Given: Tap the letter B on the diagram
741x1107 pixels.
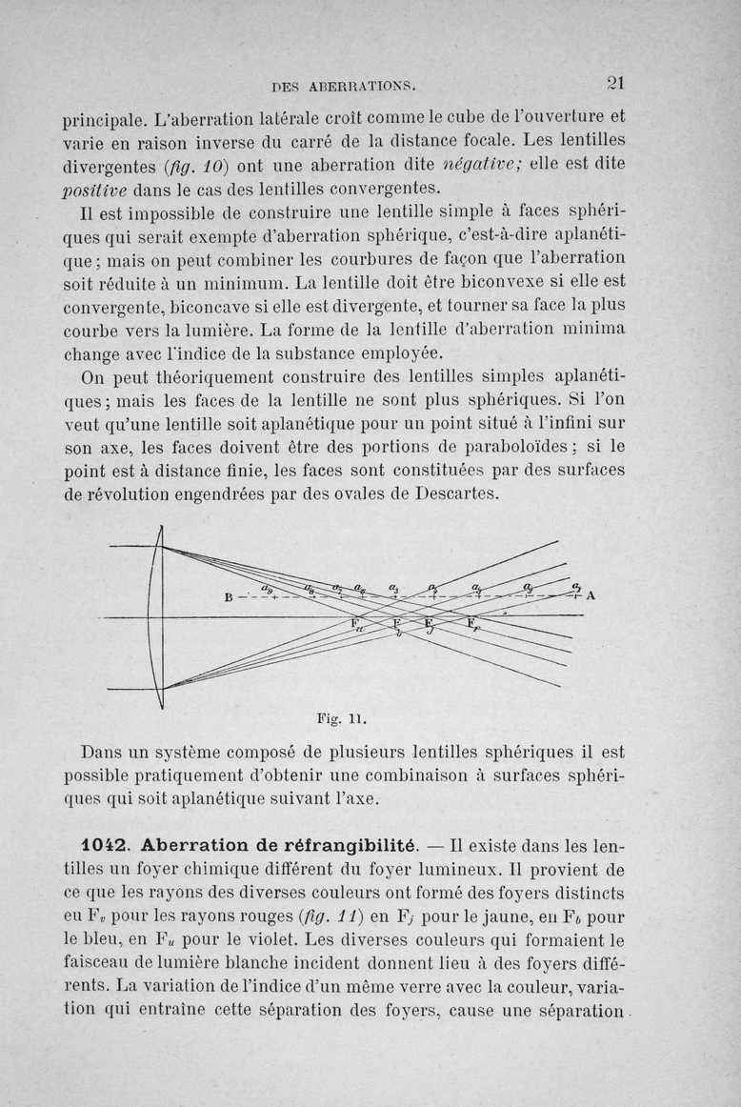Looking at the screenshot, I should coord(229,597).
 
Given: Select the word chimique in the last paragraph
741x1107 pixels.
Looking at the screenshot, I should coord(245,869).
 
